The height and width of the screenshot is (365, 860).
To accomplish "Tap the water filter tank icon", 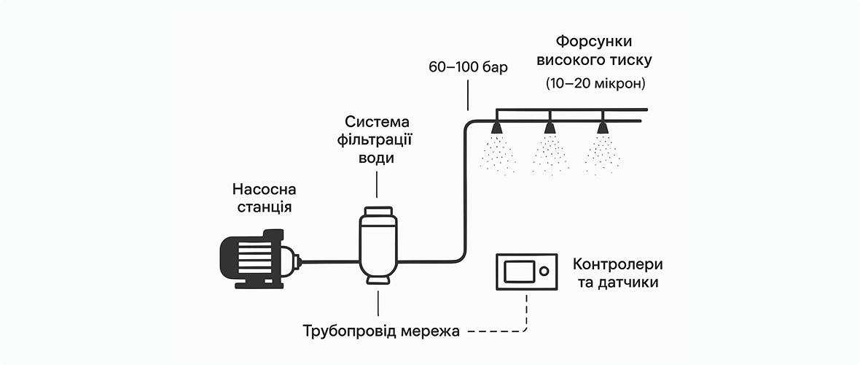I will point(377,245).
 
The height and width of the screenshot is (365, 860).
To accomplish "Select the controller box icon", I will point(525,272).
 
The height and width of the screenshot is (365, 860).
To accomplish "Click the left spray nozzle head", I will point(497,128).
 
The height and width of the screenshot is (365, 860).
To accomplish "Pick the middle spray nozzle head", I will point(550,128).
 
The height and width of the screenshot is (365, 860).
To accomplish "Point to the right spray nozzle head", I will point(603,128).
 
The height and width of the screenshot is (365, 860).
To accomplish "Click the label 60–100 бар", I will point(467,68).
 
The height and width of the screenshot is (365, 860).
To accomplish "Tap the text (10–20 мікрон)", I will point(595,84).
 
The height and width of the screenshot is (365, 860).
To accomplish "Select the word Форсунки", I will point(589,41).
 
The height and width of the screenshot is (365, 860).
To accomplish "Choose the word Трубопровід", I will point(349,332).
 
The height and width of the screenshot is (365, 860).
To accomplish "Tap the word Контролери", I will point(619,264).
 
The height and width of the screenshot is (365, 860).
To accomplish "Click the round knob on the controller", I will point(544,272).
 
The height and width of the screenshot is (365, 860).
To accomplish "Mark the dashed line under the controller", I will point(525,314).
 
